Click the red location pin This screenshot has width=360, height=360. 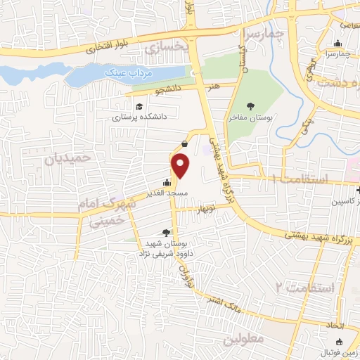(x=181, y=166)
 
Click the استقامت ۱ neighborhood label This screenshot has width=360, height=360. (x=300, y=181)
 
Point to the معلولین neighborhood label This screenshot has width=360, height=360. (x=243, y=340)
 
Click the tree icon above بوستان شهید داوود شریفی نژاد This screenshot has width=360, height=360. (x=167, y=233)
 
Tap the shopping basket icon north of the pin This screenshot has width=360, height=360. (x=184, y=143)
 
